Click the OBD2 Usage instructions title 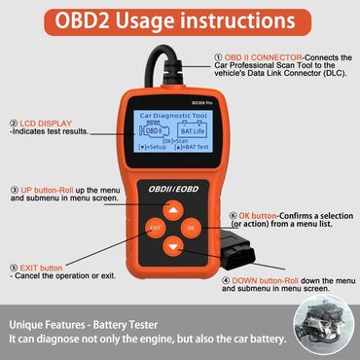pyautogui.click(x=179, y=19)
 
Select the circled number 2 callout pyautogui.click(x=15, y=124)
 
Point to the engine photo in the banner pyautogui.click(x=322, y=331)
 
